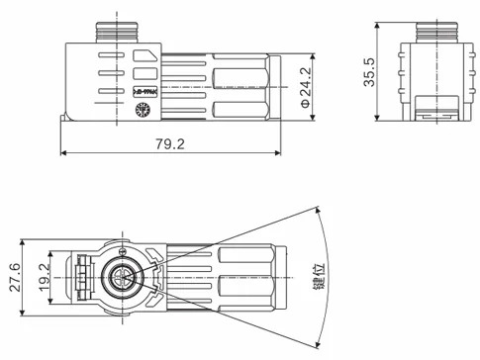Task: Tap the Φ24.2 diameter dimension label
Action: (x=305, y=87)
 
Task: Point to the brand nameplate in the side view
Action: (x=143, y=91)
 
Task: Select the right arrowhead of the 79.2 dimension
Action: (x=280, y=153)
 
